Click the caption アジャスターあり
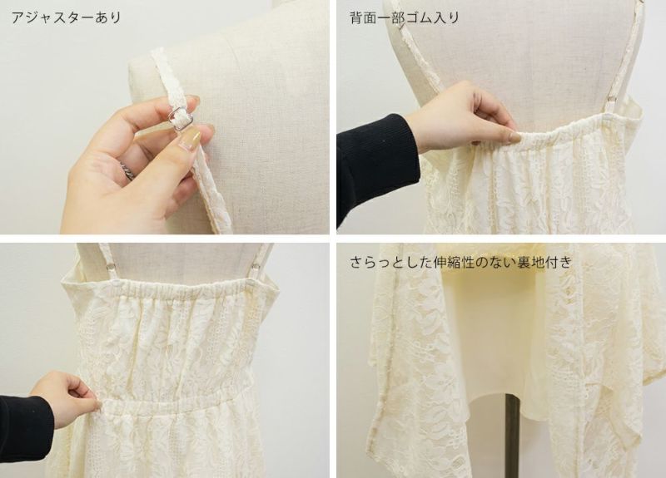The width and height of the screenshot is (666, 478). pos(67,17)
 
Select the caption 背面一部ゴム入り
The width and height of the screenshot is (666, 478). pos(405,17)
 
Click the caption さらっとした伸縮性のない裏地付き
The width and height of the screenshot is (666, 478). pos(460,262)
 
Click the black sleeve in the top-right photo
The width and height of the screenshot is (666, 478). pos(375,169)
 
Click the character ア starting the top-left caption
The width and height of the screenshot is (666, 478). pos(17,17)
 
